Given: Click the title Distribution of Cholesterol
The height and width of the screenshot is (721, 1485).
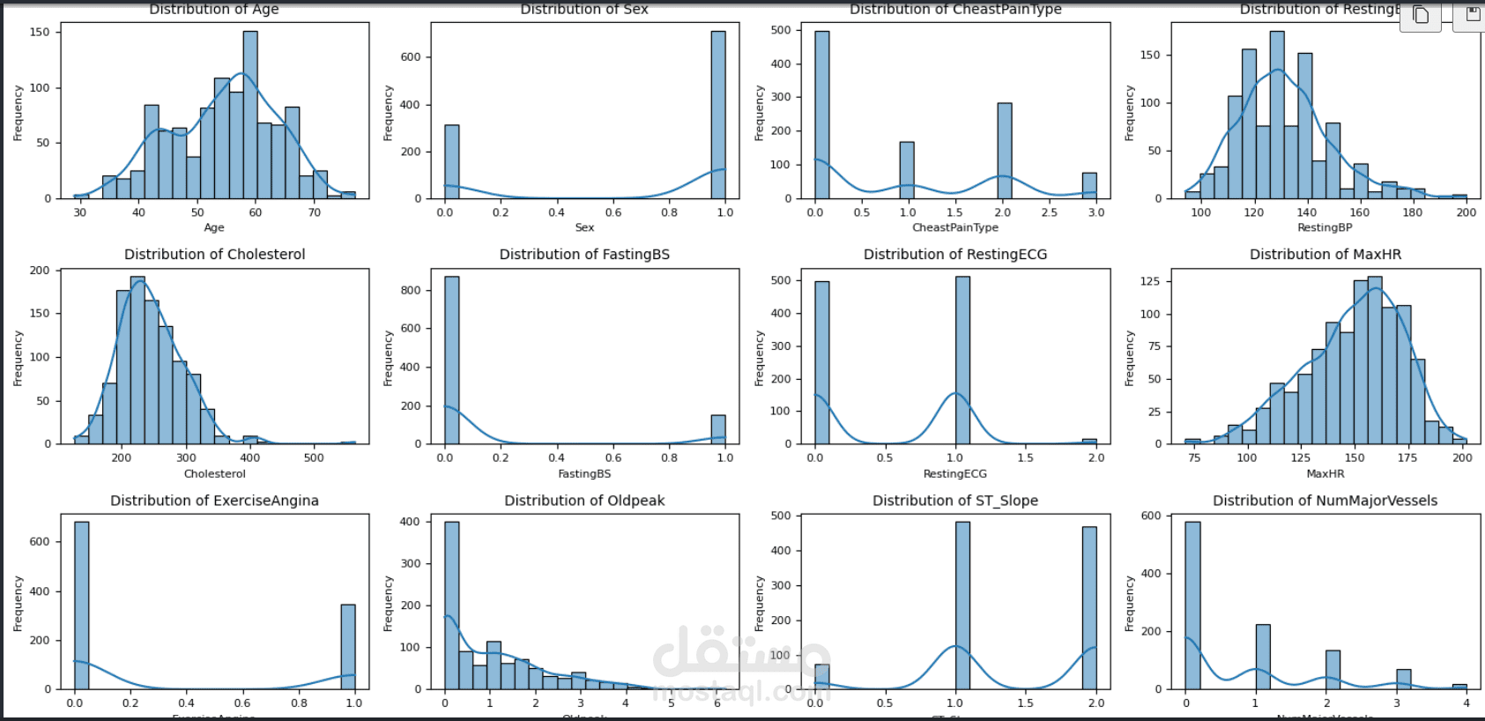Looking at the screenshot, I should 214,255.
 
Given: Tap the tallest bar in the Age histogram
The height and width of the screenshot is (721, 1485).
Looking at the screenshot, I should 250,115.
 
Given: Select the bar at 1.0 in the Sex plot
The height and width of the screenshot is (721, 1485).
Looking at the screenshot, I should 718,115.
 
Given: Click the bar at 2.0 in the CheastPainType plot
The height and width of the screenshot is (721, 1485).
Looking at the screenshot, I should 1005,151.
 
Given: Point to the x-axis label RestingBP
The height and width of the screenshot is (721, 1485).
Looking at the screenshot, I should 1325,227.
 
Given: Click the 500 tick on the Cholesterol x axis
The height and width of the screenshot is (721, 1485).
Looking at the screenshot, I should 314,458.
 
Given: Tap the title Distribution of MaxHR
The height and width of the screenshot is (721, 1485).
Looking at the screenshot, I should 1325,255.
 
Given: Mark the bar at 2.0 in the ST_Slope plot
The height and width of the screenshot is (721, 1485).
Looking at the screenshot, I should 1089,608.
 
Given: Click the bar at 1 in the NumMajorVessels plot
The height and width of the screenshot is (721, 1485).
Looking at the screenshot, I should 1263,657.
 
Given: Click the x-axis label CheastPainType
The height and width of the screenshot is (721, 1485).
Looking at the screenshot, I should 955,227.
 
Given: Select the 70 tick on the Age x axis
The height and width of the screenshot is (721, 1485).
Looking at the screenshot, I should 315,212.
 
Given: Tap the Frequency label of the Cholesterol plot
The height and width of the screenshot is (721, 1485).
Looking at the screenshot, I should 18,358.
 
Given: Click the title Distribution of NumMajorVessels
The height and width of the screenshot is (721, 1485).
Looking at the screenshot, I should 1325,501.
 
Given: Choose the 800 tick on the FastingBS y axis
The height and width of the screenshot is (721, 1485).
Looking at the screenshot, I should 411,290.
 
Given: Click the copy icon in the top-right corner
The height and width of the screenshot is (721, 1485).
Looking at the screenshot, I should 1421,15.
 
